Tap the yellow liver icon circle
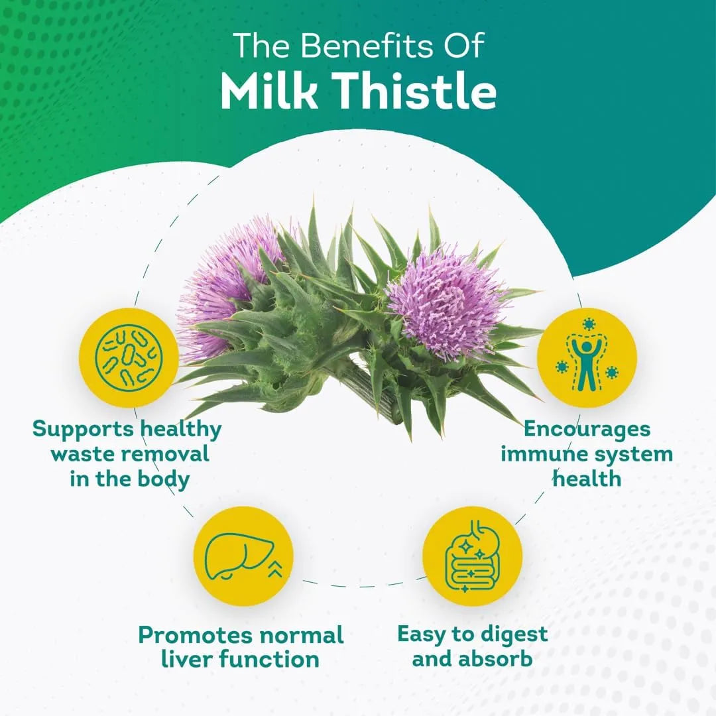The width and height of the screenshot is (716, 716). pyautogui.click(x=243, y=557)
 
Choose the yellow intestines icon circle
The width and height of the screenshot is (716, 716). pyautogui.click(x=472, y=557)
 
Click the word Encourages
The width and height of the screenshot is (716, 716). pyautogui.click(x=586, y=429)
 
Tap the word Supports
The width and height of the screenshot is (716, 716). pyautogui.click(x=83, y=429)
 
